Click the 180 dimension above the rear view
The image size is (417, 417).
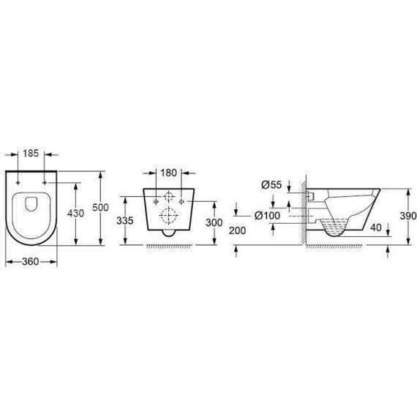tap(169, 173)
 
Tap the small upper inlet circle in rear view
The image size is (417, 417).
tap(169, 197)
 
